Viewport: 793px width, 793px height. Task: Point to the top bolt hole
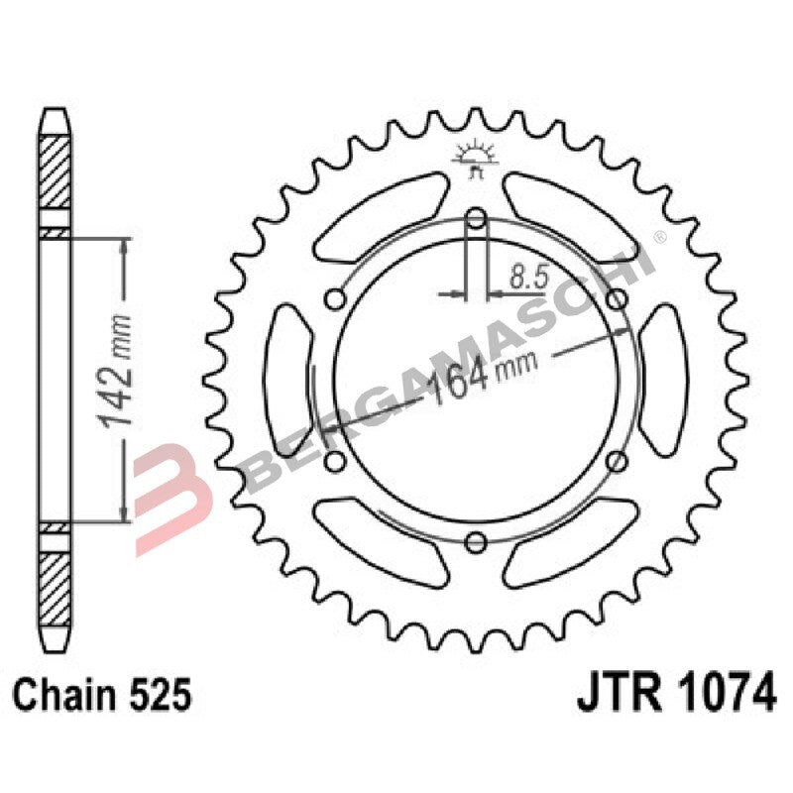tap(476, 218)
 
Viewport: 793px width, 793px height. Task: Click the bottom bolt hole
tap(476, 540)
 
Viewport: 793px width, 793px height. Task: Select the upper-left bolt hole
tap(334, 299)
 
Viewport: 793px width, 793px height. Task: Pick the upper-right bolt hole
tap(617, 299)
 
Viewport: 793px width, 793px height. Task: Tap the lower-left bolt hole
tap(334, 460)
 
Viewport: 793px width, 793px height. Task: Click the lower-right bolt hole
tap(617, 460)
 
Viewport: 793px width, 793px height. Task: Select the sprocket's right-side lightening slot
tap(665, 379)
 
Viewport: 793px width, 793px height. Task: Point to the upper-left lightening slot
tap(382, 213)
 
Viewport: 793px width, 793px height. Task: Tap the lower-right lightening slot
tap(570, 545)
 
